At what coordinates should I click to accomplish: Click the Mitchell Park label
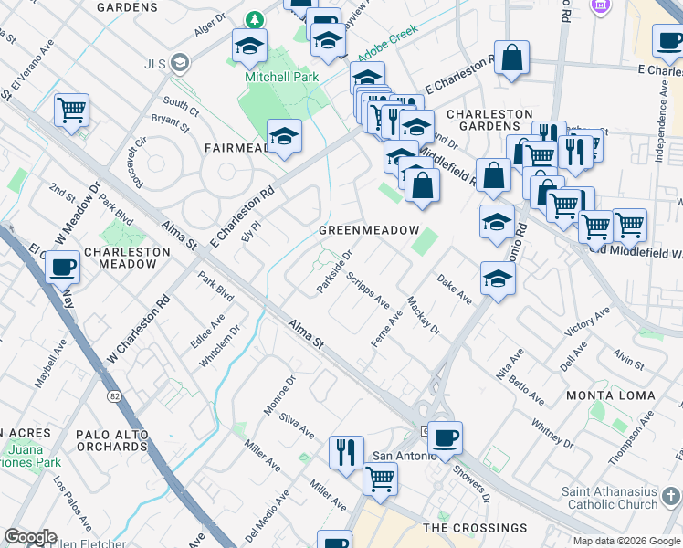point(281,78)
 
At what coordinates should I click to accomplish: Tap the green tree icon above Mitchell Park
point(256,19)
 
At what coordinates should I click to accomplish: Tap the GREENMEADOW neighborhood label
point(368,231)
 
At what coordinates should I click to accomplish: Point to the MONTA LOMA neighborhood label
point(610,395)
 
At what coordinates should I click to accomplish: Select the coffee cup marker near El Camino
point(62,267)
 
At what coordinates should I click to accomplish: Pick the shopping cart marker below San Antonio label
point(380,477)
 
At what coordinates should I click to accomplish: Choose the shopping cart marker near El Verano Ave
point(71,110)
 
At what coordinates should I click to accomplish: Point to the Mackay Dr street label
point(424,316)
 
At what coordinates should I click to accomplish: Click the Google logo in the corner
point(30,537)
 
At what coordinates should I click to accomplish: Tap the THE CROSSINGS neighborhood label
point(475,528)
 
